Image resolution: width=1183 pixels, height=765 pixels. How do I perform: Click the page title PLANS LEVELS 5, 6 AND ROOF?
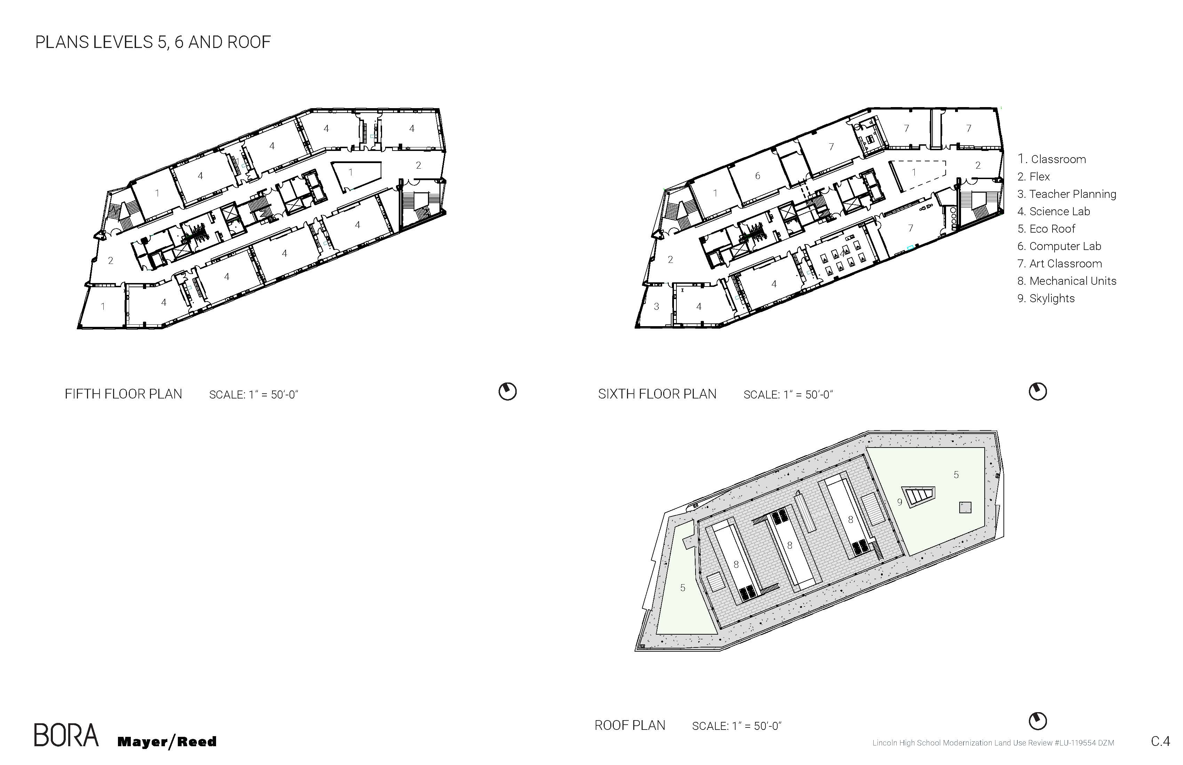(153, 42)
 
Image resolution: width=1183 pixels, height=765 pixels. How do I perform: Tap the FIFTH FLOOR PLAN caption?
(123, 394)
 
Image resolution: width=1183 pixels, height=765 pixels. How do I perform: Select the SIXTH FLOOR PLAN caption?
(657, 394)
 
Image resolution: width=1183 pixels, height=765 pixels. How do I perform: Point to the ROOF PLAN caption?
(630, 725)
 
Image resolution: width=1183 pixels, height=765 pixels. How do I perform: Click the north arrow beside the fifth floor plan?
(508, 392)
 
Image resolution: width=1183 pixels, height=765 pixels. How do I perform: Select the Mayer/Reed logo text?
(167, 742)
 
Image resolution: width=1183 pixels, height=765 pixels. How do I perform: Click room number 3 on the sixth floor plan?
(656, 306)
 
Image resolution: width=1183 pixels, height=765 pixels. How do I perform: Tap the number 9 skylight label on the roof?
(899, 502)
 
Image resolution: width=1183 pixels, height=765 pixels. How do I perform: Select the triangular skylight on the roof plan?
(919, 496)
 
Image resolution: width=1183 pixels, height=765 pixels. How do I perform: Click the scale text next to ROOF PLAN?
(737, 726)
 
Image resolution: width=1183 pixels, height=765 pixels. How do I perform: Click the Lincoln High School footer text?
(993, 743)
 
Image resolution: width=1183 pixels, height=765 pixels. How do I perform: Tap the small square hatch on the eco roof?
(965, 507)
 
